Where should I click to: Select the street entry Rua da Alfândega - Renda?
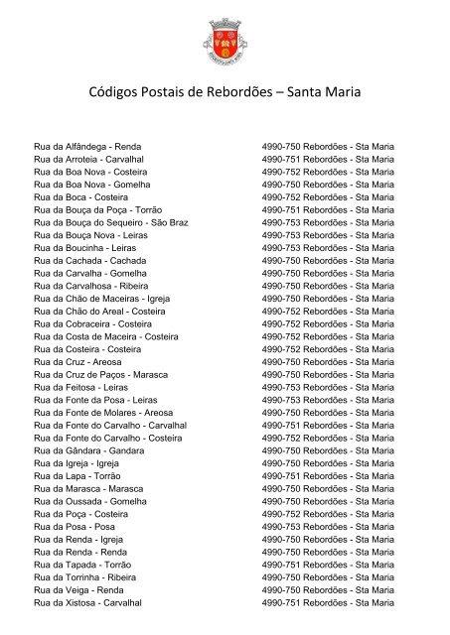coord(87,146)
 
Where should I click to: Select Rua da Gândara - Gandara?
coord(88,450)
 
